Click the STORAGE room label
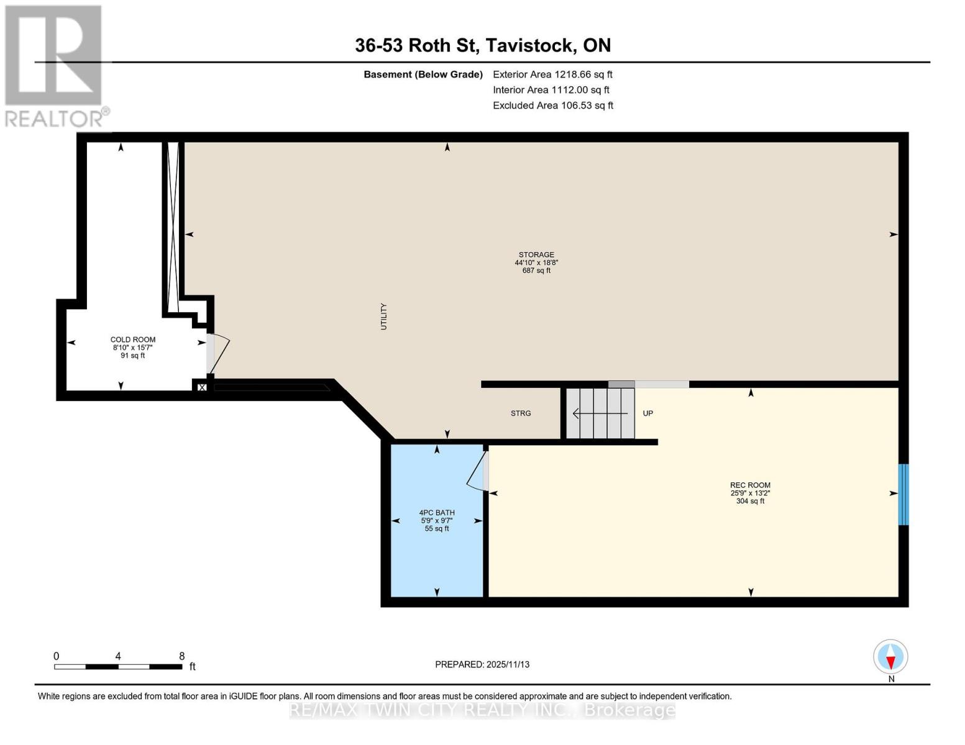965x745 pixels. coord(536,255)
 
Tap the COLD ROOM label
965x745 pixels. coord(133,340)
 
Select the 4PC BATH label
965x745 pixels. coord(437,512)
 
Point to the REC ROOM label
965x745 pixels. coord(750,485)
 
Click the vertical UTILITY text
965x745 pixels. coord(383,317)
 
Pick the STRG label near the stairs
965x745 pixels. coord(521,413)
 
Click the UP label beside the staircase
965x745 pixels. coord(648,413)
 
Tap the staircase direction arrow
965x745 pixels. coord(600,413)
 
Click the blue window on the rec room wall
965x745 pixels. coord(903,494)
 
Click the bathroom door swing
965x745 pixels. coord(477,471)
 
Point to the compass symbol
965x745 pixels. coord(890,657)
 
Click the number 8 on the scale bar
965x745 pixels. coord(181,656)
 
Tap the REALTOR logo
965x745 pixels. coord(55,66)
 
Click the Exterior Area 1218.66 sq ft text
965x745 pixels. coord(552,74)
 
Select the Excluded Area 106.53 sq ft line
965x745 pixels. coord(553,106)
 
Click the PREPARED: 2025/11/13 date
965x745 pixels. coord(482,664)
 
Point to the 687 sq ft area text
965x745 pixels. coord(536,270)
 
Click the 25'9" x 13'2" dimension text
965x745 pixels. coord(750,493)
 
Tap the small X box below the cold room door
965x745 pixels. coord(201,387)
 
